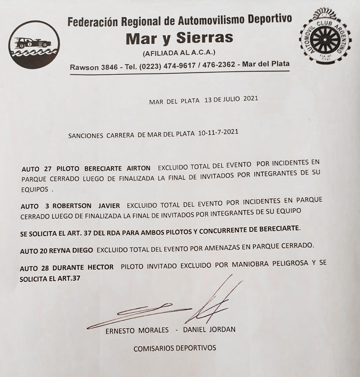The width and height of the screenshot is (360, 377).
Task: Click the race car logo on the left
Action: point(34,45)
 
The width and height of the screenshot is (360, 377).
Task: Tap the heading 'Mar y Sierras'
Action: point(179,38)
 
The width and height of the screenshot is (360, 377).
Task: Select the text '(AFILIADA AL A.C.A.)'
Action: point(179,53)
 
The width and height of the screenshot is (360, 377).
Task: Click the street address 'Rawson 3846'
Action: point(94,67)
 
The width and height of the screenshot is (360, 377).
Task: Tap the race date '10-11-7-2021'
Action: point(218,132)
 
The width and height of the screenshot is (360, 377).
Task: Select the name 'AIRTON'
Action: point(138,168)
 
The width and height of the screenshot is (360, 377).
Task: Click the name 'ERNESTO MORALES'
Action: point(137,330)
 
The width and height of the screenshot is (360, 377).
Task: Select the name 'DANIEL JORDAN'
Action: point(209,329)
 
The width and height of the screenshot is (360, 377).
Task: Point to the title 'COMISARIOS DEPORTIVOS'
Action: point(175,348)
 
